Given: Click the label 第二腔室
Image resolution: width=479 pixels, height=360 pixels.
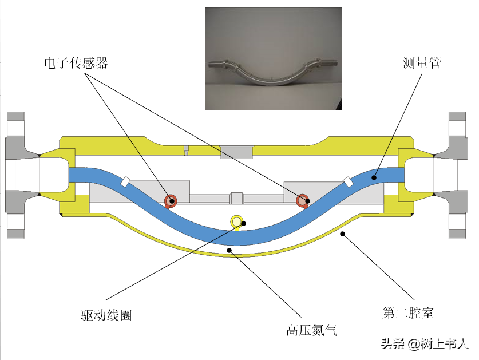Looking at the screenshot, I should pyautogui.click(x=408, y=313).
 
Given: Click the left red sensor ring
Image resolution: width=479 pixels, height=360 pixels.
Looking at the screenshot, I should pyautogui.click(x=170, y=200).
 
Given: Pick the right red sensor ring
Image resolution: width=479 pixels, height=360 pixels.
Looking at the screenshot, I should pyautogui.click(x=302, y=200).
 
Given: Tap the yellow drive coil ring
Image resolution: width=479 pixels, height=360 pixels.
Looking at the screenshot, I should pyautogui.click(x=236, y=221).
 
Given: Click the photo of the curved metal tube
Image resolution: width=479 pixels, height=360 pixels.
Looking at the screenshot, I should pyautogui.click(x=273, y=58).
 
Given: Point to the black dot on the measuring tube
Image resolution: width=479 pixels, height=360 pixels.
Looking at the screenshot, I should pyautogui.click(x=374, y=177).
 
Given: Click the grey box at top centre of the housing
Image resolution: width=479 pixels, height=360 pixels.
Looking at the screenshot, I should pyautogui.click(x=236, y=151).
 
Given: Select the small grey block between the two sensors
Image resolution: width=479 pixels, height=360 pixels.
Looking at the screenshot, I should pyautogui.click(x=236, y=198).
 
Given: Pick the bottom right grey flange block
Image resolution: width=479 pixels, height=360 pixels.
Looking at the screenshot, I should pyautogui.click(x=457, y=232).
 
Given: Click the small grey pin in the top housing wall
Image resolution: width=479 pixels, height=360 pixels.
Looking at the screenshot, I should pyautogui.click(x=187, y=151).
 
